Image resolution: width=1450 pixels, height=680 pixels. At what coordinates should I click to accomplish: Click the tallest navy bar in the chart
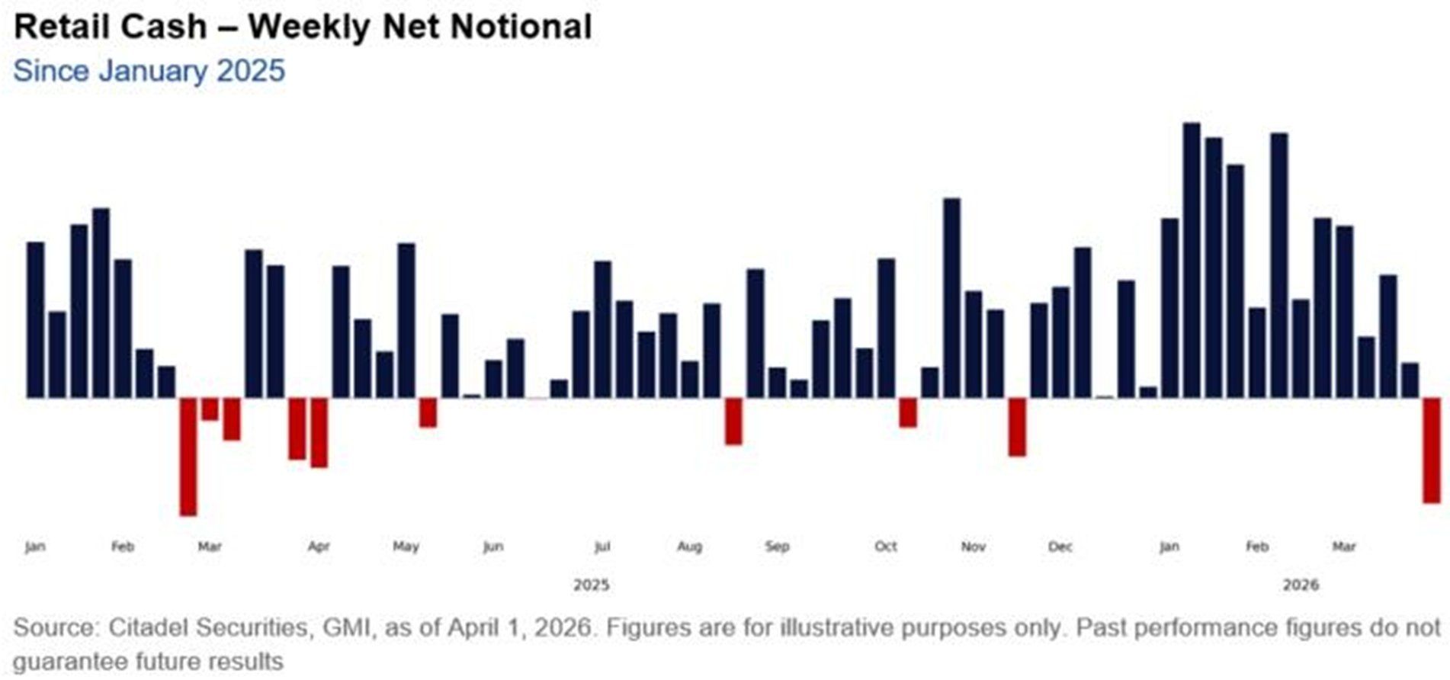point(1192,259)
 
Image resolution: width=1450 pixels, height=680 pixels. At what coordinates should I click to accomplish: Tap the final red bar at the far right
point(1432,450)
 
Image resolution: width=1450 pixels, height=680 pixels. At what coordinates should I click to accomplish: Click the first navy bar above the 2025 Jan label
point(36,319)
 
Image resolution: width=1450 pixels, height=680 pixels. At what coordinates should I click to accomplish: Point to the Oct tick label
point(885,547)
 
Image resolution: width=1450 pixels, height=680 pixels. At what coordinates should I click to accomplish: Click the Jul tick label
point(602,547)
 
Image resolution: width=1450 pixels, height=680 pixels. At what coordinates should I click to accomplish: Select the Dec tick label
point(1060,547)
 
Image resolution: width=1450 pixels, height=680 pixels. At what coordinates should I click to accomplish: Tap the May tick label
point(406,547)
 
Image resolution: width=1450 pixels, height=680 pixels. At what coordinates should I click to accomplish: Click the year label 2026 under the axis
point(1300,585)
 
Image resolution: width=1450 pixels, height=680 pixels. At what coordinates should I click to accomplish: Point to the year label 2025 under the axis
point(591,585)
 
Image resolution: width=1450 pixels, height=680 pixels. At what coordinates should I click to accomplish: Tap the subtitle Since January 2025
point(149,71)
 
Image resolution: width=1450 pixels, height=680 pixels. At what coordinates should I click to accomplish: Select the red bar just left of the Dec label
point(1017,427)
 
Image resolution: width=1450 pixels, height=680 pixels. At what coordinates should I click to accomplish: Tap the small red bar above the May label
point(428,412)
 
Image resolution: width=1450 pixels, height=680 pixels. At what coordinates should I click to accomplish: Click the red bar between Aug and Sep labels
point(733,421)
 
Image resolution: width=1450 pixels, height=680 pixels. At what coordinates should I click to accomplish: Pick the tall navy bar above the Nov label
point(951,297)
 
